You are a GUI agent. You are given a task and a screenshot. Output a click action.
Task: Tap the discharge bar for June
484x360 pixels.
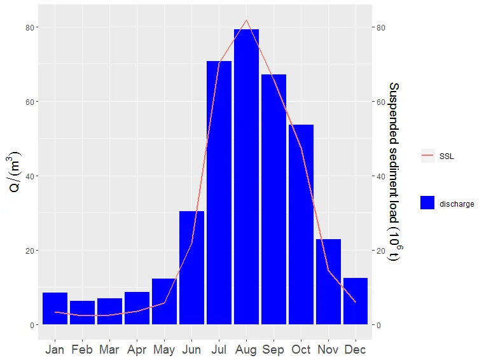[191, 268]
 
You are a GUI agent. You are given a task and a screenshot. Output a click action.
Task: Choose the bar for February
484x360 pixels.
[82, 312]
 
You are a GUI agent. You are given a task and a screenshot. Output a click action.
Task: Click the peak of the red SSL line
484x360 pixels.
[247, 20]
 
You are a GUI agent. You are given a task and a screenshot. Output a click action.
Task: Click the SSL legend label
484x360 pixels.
[446, 156]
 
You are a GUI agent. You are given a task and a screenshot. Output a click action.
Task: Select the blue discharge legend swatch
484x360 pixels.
[427, 203]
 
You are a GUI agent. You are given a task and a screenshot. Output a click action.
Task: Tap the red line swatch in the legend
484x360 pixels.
[427, 156]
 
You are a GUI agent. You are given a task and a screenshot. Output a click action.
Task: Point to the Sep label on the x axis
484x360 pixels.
[273, 350]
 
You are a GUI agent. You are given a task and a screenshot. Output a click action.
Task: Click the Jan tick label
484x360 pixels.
[55, 350]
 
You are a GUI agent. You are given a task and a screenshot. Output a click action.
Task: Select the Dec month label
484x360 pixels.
[356, 350]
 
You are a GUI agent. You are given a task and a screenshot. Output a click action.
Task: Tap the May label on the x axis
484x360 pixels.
[164, 350]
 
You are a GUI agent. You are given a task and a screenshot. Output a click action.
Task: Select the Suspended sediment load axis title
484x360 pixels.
[394, 172]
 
